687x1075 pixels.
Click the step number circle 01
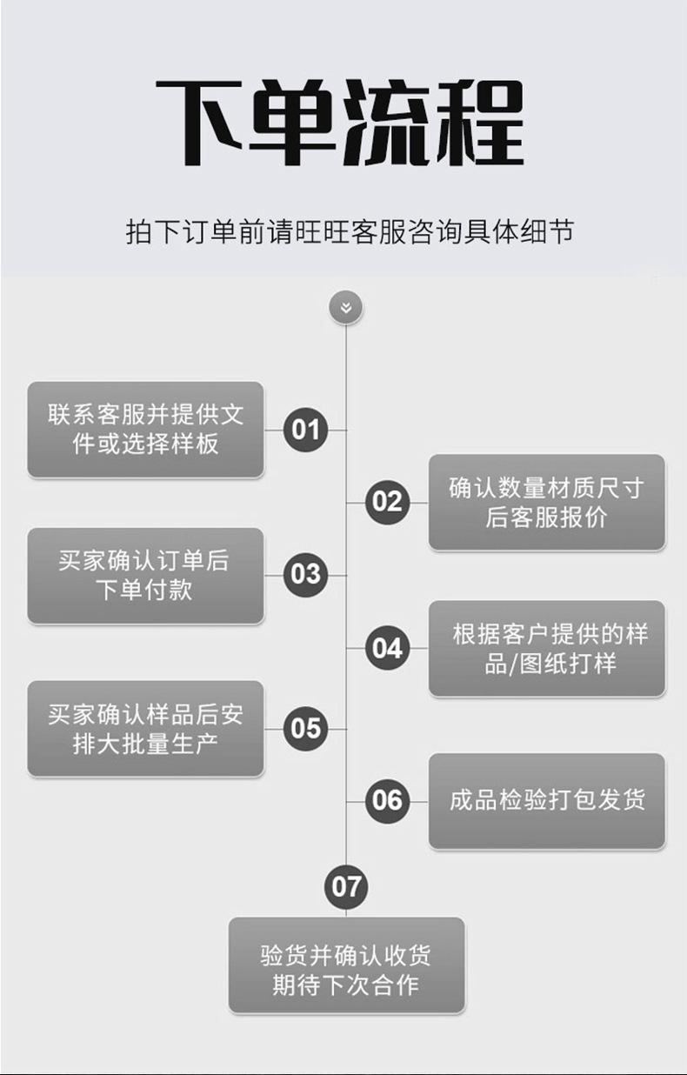[x=305, y=430]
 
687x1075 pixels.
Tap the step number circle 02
[x=387, y=502]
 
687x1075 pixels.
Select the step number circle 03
[x=305, y=575]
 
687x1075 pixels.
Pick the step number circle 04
[x=387, y=648]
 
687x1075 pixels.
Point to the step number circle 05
[x=305, y=728]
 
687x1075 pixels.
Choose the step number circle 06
[x=387, y=800]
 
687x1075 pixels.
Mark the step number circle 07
[x=346, y=886]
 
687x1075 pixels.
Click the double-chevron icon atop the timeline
[x=346, y=307]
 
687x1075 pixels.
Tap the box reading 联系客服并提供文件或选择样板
[x=145, y=430]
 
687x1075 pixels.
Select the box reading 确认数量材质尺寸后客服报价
[x=546, y=502]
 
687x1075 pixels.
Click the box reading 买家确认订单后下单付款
[x=145, y=575]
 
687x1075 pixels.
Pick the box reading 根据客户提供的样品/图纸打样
[x=546, y=648]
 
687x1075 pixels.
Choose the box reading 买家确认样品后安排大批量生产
[x=145, y=728]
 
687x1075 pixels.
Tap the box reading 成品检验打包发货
[x=546, y=800]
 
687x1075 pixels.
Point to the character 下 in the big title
[x=201, y=124]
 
